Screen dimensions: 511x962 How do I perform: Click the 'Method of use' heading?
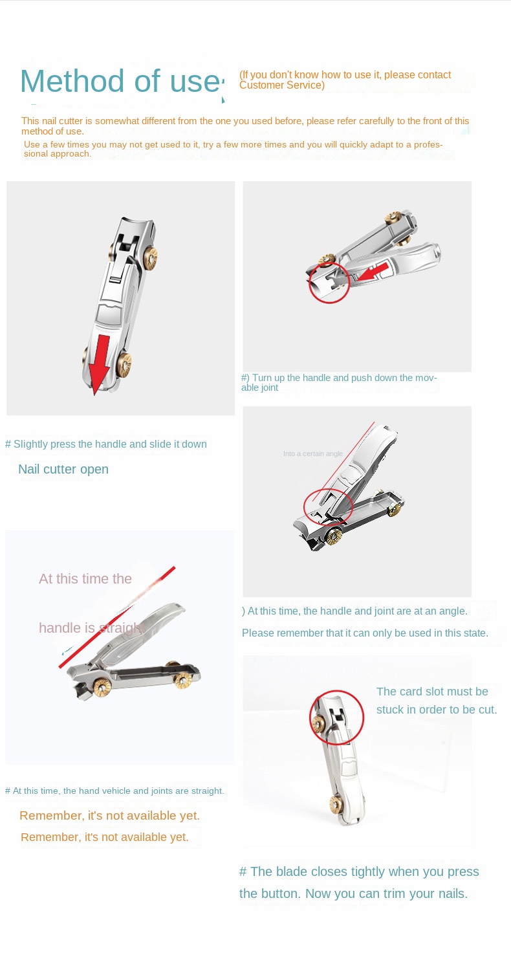tap(120, 81)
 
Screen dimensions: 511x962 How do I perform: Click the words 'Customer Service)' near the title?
tap(281, 85)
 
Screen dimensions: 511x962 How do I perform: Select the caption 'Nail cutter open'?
tap(63, 469)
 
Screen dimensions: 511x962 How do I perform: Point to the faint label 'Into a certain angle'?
tap(312, 454)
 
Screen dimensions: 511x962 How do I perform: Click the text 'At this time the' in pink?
tap(85, 578)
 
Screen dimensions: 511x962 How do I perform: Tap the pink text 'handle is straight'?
tap(92, 628)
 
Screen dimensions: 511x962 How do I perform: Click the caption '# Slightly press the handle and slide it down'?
tap(105, 444)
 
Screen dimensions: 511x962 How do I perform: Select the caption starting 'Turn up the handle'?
tap(339, 382)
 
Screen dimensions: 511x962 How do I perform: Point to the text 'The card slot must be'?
tap(433, 692)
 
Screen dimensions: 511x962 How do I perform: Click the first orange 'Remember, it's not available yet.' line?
tap(109, 816)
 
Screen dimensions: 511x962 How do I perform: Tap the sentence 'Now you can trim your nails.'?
tap(386, 893)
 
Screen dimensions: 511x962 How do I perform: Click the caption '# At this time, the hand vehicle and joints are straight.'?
tap(114, 791)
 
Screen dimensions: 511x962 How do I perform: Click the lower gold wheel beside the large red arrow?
tap(125, 365)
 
